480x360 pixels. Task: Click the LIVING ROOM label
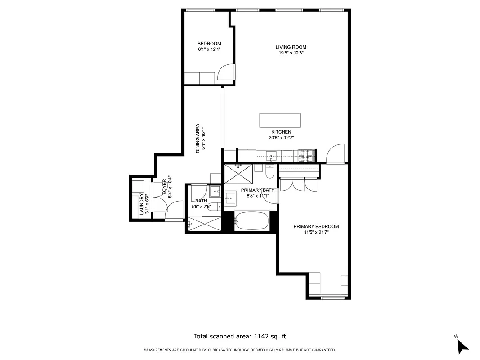tap(291, 47)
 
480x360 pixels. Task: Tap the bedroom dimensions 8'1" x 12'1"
tap(209, 49)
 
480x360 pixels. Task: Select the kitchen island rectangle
tap(280, 121)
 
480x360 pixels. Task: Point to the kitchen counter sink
tap(271, 156)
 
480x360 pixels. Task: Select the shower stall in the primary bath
tap(238, 174)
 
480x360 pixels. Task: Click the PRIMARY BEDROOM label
tap(316, 227)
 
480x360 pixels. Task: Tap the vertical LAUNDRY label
tap(141, 204)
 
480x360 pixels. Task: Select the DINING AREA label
tap(197, 139)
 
